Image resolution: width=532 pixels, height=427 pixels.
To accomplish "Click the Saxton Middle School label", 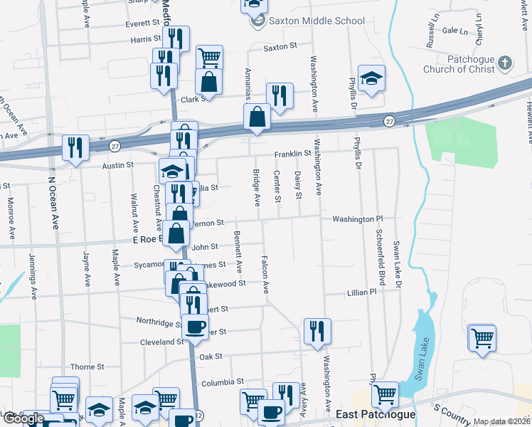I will [315, 21].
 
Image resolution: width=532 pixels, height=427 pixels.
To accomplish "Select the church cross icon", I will [504, 63].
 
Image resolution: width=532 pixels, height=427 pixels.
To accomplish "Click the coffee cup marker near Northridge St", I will [195, 327].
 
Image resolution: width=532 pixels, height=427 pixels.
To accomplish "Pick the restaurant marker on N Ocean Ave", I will [75, 147].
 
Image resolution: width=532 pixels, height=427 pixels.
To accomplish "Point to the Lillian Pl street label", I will [361, 292].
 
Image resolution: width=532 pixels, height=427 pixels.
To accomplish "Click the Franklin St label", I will [294, 153].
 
